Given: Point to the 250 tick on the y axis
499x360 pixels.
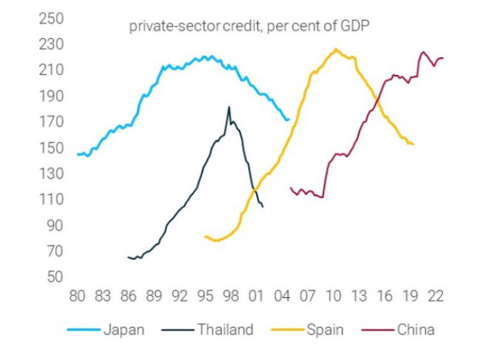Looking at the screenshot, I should (51, 19).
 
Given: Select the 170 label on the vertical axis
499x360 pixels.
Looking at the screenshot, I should (51, 122).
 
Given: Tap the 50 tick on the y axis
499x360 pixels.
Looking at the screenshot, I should (54, 277).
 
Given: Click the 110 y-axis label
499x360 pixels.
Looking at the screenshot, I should (51, 199).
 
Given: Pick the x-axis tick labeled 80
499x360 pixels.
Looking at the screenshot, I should (77, 297).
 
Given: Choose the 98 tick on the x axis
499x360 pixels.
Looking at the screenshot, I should (231, 297).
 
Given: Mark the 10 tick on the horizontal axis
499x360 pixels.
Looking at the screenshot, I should (333, 297).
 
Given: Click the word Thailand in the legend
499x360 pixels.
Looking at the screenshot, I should (226, 330).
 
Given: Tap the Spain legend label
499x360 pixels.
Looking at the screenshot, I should (325, 330).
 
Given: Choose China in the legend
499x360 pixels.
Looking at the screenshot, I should (416, 330).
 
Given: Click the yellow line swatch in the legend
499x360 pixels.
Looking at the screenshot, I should (286, 331).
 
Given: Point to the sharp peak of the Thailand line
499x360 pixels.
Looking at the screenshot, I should (229, 107).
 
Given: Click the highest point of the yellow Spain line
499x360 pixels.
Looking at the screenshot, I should (335, 49).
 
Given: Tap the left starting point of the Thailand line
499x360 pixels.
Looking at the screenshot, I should (128, 257).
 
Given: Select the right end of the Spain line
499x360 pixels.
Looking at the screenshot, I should (413, 144).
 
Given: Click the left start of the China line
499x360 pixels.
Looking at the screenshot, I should (290, 188).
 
